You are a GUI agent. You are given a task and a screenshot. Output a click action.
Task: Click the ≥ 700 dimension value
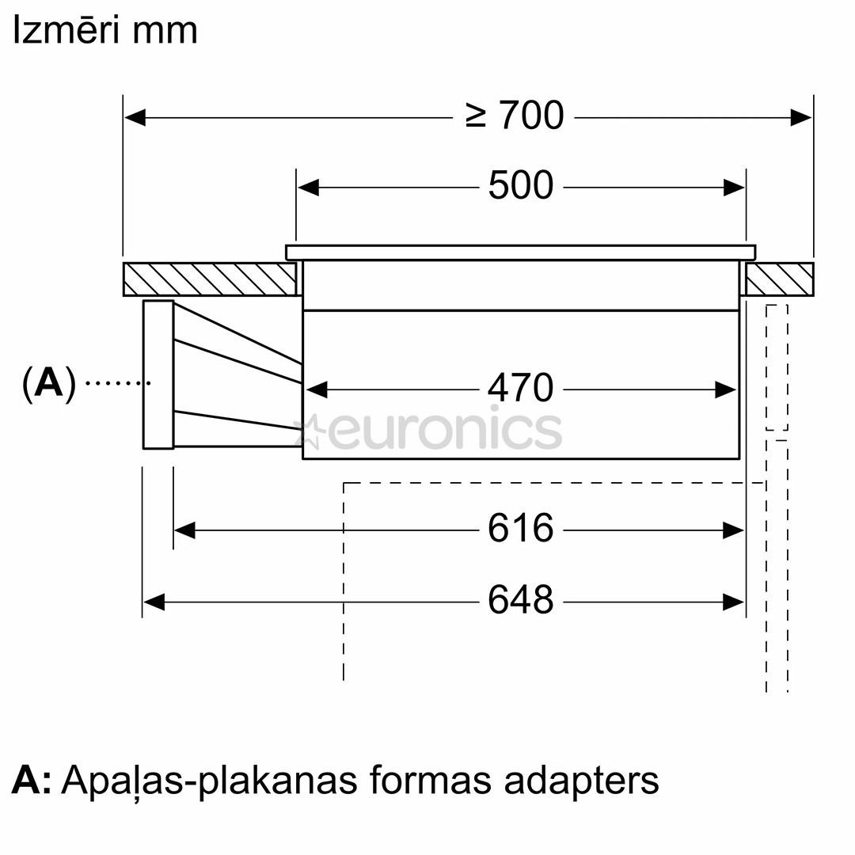515,116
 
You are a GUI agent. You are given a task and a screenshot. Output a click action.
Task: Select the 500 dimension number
520,186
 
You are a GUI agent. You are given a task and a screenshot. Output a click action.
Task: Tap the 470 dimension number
520,388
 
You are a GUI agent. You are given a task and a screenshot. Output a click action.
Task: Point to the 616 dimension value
520,528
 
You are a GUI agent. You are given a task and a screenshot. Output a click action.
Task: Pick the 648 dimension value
520,600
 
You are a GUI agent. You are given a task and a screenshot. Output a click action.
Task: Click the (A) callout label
49,383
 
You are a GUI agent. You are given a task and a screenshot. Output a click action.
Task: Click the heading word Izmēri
65,31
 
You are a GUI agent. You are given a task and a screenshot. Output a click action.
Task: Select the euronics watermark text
443,429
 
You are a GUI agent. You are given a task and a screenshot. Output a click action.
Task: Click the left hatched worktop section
209,279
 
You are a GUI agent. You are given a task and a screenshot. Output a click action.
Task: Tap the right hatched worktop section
780,279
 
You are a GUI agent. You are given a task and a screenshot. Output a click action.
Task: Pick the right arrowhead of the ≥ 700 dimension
801,118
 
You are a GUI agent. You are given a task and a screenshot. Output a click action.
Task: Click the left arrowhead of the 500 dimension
308,188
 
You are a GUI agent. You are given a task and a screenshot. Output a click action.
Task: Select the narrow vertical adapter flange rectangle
158,374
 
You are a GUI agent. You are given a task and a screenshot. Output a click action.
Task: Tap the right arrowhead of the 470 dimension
726,389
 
